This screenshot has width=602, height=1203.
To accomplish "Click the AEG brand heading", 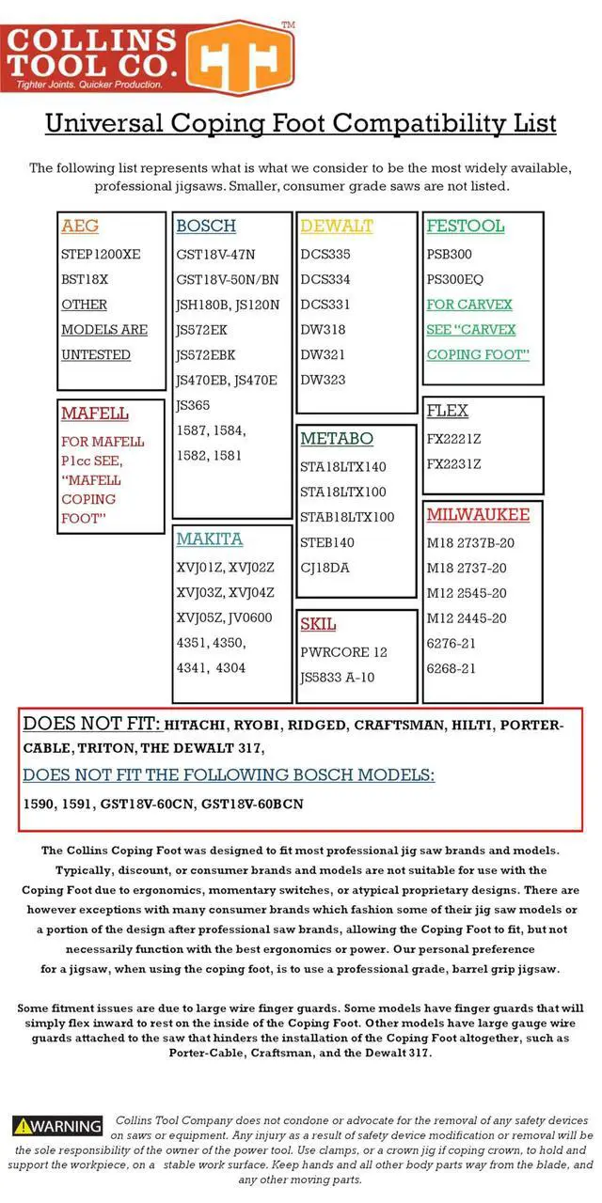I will [x=80, y=227].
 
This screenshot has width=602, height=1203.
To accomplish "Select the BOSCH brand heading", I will [x=206, y=227].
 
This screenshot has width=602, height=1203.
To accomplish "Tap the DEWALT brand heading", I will [x=337, y=227].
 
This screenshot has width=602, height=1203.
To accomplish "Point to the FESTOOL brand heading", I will [x=466, y=227].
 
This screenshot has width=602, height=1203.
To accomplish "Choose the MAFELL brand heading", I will [x=95, y=414].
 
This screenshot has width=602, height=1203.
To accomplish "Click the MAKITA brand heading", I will [x=210, y=539].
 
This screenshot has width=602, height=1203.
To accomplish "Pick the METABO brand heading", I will [x=337, y=439].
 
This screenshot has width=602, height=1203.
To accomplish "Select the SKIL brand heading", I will [x=318, y=624].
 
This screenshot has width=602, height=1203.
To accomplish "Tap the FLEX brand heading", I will [x=448, y=412].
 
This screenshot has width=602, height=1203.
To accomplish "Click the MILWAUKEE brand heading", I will [x=478, y=515].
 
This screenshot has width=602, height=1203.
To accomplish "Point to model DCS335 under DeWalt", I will [x=325, y=255].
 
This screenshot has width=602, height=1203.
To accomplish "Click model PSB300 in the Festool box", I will [x=450, y=255].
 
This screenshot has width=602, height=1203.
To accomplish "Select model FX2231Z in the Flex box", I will [x=453, y=464].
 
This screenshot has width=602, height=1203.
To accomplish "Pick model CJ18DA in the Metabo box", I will [x=325, y=568].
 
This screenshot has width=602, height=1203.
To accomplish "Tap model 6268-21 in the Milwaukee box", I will [x=451, y=668].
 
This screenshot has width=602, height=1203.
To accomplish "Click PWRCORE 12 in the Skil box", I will [x=344, y=652].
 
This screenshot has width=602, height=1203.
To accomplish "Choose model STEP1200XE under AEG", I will [x=101, y=255].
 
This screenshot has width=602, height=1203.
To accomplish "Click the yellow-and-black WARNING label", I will [x=58, y=1126].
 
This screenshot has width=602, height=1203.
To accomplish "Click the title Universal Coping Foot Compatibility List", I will [x=301, y=124].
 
